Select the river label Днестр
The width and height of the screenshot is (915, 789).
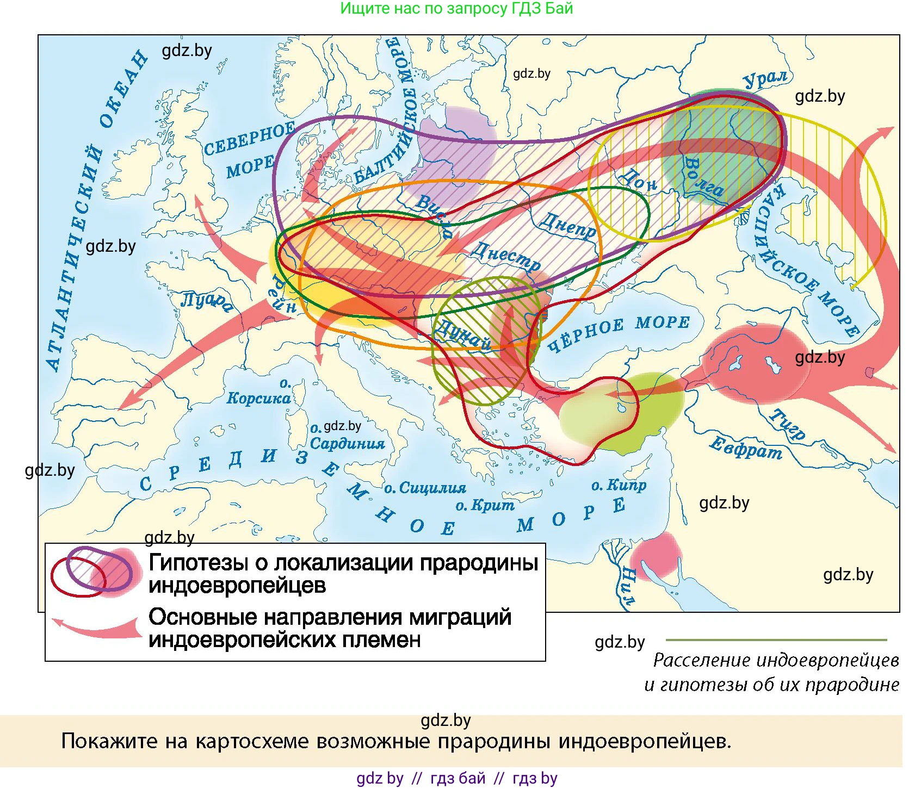(506, 256)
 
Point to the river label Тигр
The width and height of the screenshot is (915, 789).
(787, 424)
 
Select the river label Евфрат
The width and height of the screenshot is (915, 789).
(745, 448)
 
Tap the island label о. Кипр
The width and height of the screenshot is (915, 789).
(619, 485)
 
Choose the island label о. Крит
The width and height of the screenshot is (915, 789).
(485, 506)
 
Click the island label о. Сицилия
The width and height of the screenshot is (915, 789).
(425, 488)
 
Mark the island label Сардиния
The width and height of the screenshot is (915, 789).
(347, 443)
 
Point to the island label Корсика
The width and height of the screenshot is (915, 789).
(259, 397)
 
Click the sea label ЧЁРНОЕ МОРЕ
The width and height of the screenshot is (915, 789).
(619, 333)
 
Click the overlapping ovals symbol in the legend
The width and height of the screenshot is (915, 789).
(92, 571)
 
